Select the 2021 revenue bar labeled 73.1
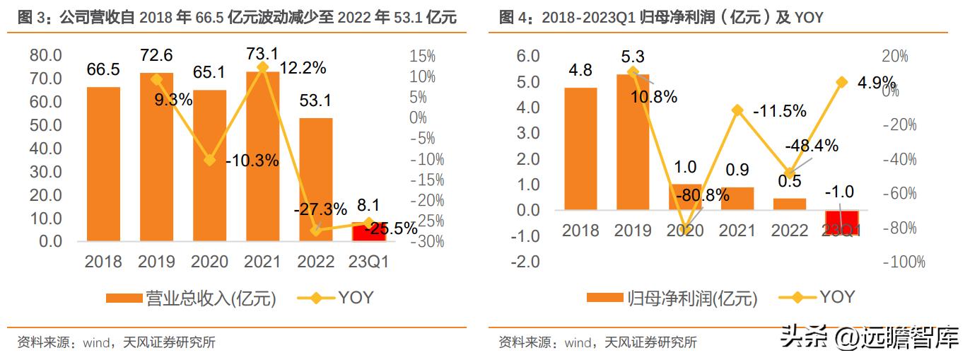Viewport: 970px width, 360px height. pyautogui.click(x=262, y=156)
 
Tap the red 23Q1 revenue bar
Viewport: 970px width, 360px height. pyautogui.click(x=368, y=231)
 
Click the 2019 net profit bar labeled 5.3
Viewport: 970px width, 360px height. pyautogui.click(x=632, y=142)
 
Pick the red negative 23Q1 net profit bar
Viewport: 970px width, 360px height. pyautogui.click(x=841, y=223)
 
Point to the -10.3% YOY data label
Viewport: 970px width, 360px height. pyautogui.click(x=252, y=161)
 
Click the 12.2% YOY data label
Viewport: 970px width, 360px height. pyautogui.click(x=303, y=68)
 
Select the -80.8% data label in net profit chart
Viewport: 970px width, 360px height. pyautogui.click(x=702, y=196)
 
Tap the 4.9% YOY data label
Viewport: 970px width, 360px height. pyautogui.click(x=877, y=82)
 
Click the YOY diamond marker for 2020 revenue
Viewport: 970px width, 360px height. pyautogui.click(x=209, y=160)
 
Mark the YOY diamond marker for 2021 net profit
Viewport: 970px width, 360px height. pyautogui.click(x=737, y=110)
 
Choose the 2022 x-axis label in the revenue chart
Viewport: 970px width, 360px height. pyautogui.click(x=315, y=262)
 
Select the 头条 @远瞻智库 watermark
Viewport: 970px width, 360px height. pyautogui.click(x=870, y=337)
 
